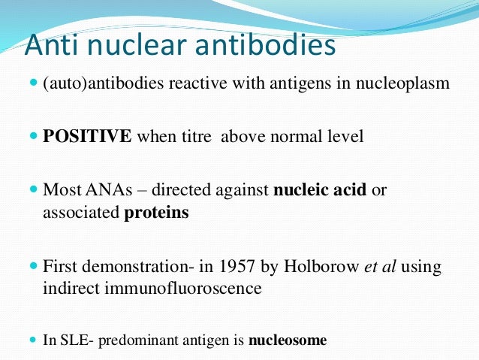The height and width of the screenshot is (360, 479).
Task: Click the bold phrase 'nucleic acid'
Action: (x=320, y=191)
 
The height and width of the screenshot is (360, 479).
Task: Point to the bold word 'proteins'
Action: (x=156, y=213)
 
